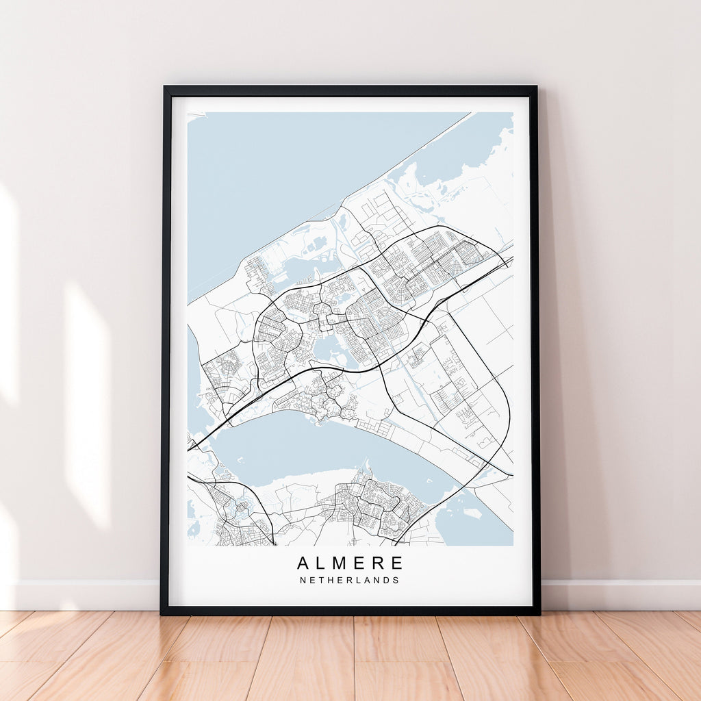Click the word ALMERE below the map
(350, 563)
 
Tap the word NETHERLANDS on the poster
(349, 580)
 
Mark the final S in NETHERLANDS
(396, 580)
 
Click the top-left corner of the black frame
(165, 88)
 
